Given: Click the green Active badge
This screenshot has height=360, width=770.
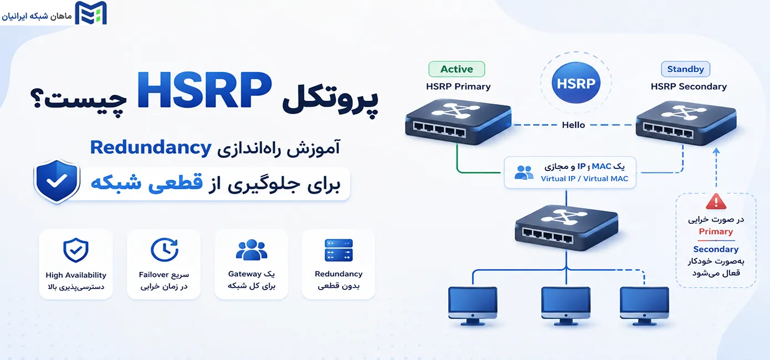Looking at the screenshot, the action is tap(456, 69).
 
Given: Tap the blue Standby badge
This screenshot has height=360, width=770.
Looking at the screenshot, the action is tap(685, 69).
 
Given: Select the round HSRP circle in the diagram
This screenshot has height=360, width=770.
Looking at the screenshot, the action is tap(576, 83).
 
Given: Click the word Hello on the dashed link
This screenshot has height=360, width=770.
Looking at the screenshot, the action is tap(573, 125).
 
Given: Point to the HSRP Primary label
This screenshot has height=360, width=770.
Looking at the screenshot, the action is tap(458, 86).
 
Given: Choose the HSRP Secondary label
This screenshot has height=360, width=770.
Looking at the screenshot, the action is tap(689, 86).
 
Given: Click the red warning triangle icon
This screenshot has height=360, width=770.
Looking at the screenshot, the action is tap(716, 202).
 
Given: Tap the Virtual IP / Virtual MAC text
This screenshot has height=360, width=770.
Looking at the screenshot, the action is tap(584, 179).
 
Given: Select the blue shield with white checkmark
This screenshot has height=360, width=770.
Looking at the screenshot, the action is tap(57, 181).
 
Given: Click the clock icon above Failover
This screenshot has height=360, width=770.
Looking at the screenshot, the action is tap(165, 250).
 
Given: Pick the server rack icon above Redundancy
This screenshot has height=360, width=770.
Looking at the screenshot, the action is tap(338, 250).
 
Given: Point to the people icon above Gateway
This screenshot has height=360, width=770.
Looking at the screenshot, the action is tap(251, 250).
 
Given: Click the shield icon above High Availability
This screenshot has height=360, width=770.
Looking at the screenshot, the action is tap(76, 250).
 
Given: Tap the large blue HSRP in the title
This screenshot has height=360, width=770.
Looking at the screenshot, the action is tap(204, 90).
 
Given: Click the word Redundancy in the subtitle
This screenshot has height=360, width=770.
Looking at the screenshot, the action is tap(151, 148).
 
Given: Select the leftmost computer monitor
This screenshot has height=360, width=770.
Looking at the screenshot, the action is tap(473, 306).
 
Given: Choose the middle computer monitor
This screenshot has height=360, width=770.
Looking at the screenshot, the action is tap(566, 306).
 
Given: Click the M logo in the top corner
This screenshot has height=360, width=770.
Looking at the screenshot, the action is tap(91, 13).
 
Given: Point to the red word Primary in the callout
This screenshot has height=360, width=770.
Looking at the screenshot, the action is tap(716, 232).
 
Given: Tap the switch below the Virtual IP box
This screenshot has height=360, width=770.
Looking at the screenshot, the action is tap(567, 228).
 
